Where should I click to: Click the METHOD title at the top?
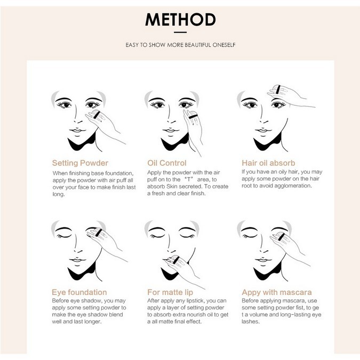tap(180, 20)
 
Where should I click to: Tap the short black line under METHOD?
tap(180, 33)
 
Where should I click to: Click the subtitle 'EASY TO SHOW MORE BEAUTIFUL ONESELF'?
tap(180, 45)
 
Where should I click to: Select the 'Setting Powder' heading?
tap(80, 163)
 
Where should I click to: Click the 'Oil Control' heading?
tap(167, 163)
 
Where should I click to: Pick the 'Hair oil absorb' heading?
tap(268, 163)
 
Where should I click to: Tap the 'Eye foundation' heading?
tap(79, 292)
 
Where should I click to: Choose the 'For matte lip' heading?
tap(170, 292)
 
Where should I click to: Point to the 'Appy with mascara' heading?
tap(276, 292)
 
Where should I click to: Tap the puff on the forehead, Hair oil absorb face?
tap(277, 90)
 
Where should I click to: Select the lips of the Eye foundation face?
tap(77, 260)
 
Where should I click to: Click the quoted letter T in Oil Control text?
tap(189, 179)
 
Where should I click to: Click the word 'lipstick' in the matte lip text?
tap(195, 301)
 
